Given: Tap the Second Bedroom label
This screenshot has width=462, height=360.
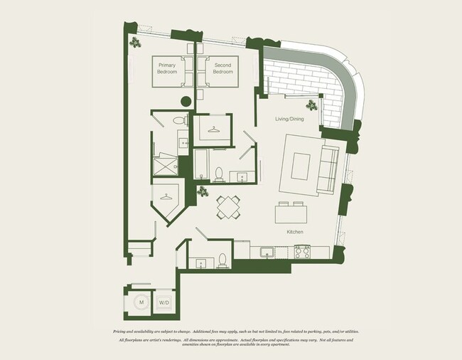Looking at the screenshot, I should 223,69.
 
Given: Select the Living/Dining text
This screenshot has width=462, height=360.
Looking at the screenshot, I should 289,119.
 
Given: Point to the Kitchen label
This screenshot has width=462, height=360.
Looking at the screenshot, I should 295,232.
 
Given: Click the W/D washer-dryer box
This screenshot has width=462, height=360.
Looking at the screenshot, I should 163,302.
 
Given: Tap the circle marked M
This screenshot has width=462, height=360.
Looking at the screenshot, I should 141,302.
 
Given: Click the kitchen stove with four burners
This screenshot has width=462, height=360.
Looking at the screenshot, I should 302,250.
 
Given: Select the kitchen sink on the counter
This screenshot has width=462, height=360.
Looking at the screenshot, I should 268,251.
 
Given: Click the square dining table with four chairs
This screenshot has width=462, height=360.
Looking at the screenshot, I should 227,208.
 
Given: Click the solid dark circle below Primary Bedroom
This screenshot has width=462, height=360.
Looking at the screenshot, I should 186,101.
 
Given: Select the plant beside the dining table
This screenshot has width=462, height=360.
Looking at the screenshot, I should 203,191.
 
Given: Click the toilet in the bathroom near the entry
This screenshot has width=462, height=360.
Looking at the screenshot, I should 222,260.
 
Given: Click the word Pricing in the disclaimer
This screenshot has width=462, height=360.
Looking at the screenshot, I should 122,332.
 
